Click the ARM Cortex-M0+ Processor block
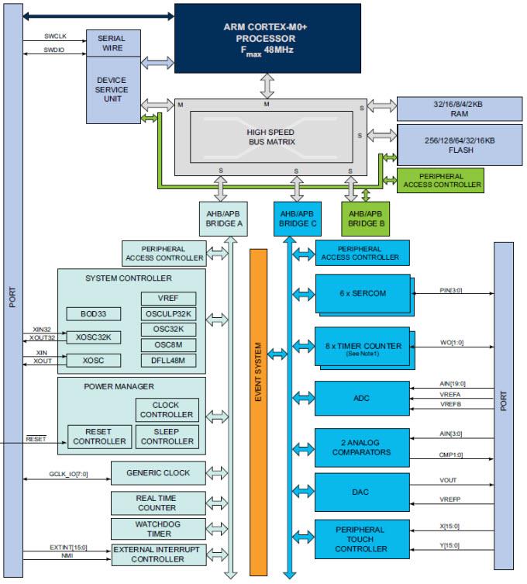267,37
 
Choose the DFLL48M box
168,361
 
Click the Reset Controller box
98,436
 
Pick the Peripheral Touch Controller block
362,538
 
